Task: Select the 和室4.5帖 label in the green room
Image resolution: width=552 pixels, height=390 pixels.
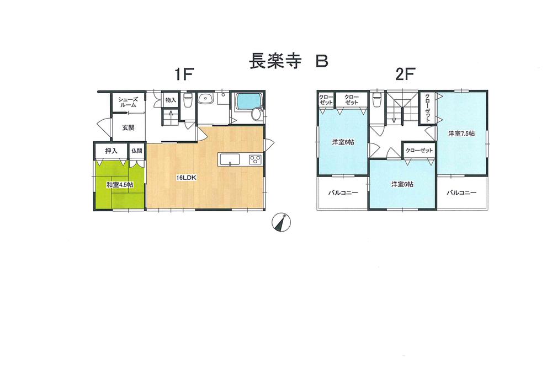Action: pos(119,185)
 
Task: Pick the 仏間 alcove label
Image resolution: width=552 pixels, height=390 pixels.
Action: pos(137,151)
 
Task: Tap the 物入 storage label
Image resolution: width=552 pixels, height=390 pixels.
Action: pos(171,100)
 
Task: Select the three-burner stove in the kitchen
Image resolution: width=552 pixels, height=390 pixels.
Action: pos(255,159)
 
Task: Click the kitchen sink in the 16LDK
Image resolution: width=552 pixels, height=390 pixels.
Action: pos(229,159)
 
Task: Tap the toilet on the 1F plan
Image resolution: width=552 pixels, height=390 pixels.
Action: pos(187,101)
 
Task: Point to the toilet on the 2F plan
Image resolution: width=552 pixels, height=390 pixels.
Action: pos(378,101)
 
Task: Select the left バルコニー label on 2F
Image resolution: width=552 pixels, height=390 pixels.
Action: pos(343,193)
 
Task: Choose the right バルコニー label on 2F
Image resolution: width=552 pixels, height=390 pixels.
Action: pos(461,193)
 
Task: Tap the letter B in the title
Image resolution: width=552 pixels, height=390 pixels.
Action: pos(321,61)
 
